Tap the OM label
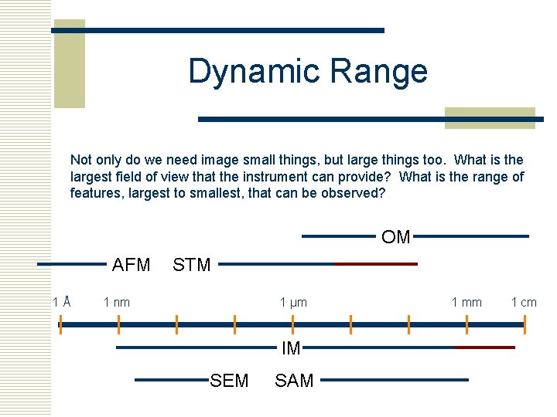pos(395,237)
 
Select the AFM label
pos(131,265)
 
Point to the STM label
pos(191,265)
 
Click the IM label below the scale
pos(291,348)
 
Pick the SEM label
pos(229,380)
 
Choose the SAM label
pos(294,380)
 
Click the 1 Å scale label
pos(62,302)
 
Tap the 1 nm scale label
pos(117,302)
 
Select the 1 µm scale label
pos(293,302)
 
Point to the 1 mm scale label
pos(466,302)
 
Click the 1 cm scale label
pos(524,302)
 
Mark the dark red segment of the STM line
pos(376,264)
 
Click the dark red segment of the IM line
pos(484,347)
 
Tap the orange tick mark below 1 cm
pos(525,324)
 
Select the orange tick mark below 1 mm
pos(467,324)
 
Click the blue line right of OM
pos(471,236)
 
